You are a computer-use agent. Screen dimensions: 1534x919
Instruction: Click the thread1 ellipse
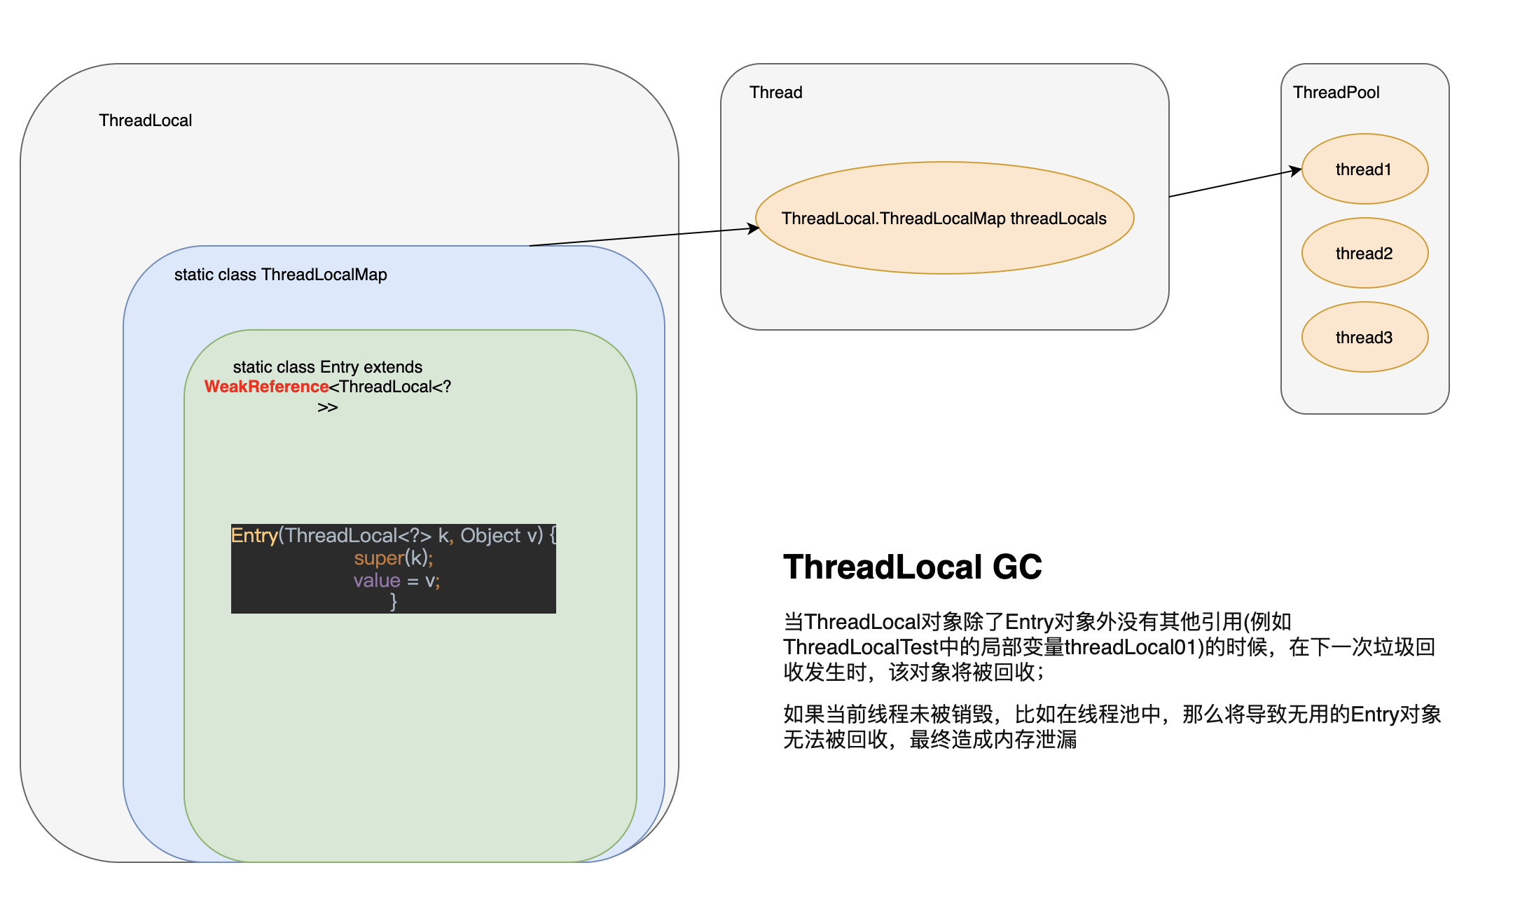click(x=1364, y=169)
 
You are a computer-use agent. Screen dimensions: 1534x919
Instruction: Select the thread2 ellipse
click(x=1364, y=253)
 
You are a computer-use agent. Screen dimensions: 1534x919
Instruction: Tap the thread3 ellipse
click(x=1364, y=337)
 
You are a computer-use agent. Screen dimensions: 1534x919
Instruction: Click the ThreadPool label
click(x=1336, y=92)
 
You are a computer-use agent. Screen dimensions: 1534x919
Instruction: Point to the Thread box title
click(x=775, y=92)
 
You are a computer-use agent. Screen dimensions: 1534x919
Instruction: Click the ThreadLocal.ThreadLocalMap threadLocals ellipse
click(x=944, y=218)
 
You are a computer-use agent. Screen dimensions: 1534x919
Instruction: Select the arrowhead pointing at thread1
click(x=1296, y=170)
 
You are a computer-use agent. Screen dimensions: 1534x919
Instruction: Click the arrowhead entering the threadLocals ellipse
click(x=754, y=228)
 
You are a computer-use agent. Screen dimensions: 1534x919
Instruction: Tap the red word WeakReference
click(x=266, y=387)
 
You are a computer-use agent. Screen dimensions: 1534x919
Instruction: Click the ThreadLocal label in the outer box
click(x=145, y=120)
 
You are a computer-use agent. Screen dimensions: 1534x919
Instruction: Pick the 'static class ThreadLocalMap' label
click(x=280, y=275)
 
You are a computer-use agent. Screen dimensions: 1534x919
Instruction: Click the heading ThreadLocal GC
click(x=912, y=567)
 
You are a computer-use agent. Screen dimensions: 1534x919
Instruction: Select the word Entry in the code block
click(x=254, y=536)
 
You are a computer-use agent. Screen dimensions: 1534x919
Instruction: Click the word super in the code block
click(x=379, y=558)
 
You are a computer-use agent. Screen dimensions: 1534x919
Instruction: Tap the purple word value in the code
click(x=377, y=581)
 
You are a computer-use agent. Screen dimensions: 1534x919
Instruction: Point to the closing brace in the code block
click(x=394, y=602)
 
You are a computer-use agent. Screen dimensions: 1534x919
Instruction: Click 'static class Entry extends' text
click(x=328, y=367)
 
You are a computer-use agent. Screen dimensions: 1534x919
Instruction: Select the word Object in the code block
click(x=490, y=536)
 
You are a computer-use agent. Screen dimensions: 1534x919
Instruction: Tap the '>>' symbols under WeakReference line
click(x=328, y=408)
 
